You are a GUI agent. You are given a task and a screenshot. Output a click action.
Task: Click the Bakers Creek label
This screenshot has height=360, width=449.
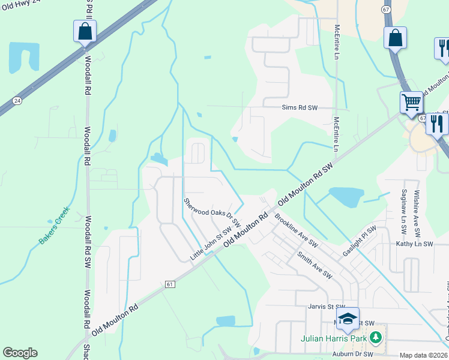pos(55,225)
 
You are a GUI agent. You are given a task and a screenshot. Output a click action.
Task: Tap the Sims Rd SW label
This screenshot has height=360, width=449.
pos(299,108)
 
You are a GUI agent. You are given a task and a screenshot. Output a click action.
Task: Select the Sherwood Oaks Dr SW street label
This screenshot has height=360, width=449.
pos(212,213)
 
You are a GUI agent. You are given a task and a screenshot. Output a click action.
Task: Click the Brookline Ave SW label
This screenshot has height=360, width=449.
pos(296,230)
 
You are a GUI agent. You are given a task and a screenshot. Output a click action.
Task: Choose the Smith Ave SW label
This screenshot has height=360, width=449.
pos(314,265)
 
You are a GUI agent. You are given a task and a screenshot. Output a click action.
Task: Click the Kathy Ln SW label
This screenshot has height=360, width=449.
pos(414,244)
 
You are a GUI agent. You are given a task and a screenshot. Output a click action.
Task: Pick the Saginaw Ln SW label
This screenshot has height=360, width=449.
pos(403,208)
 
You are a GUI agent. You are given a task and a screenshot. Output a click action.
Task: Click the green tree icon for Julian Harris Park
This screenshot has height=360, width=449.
pos(376,338)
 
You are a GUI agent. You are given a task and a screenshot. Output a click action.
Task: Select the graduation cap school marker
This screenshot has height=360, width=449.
pos(348,319)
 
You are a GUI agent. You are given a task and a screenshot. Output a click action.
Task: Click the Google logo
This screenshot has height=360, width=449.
pos(20,353)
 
